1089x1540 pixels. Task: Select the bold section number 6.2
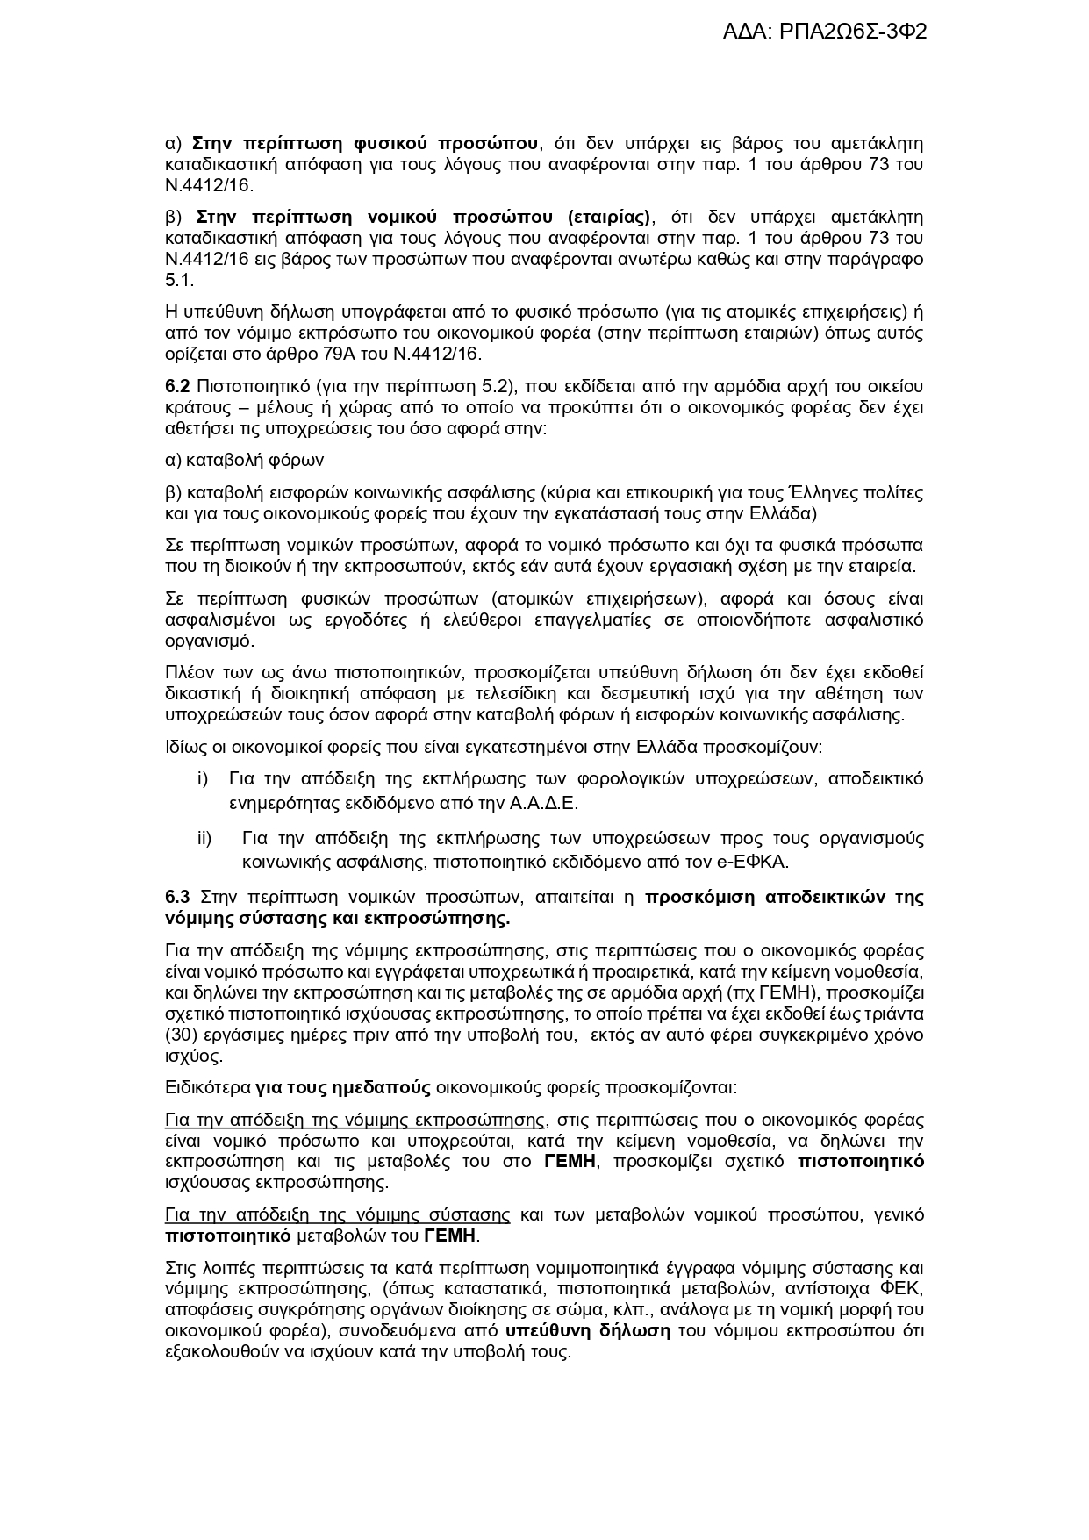177,387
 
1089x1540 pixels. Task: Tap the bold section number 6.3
177,897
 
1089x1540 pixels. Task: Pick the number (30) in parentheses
180,1035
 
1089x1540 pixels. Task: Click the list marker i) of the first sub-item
202,779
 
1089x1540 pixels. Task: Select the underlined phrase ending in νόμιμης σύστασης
337,1215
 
